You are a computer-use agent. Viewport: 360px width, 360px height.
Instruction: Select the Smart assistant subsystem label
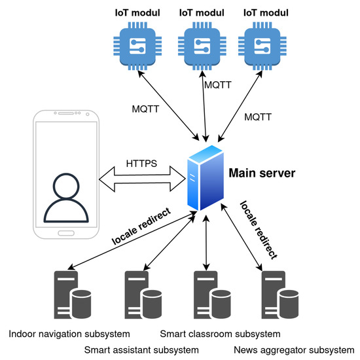click(x=141, y=350)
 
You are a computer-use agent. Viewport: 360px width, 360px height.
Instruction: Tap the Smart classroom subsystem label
click(x=206, y=334)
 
